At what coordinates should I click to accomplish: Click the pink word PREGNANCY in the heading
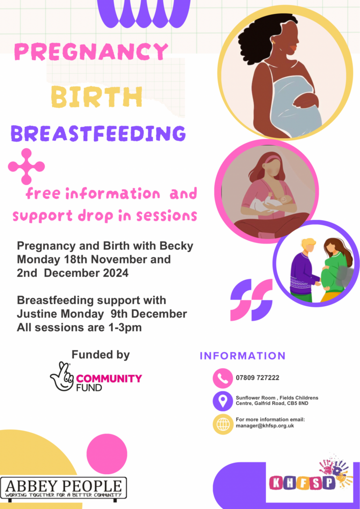[x=91, y=52]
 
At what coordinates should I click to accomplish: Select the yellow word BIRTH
[x=97, y=97]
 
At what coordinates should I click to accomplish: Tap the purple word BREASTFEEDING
[x=98, y=133]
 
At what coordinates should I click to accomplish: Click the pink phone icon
[x=223, y=378]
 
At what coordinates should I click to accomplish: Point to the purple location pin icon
[x=223, y=401]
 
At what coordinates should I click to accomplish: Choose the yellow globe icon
[x=223, y=424]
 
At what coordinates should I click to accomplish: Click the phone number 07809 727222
[x=258, y=378]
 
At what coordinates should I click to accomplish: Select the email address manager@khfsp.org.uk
[x=265, y=425]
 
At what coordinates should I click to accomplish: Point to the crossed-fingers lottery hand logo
[x=62, y=376]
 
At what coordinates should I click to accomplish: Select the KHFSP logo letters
[x=302, y=483]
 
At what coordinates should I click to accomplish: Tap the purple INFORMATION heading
[x=243, y=356]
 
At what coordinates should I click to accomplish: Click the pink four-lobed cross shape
[x=26, y=167]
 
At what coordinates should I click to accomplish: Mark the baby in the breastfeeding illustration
[x=270, y=203]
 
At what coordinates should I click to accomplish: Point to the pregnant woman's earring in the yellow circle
[x=273, y=43]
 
